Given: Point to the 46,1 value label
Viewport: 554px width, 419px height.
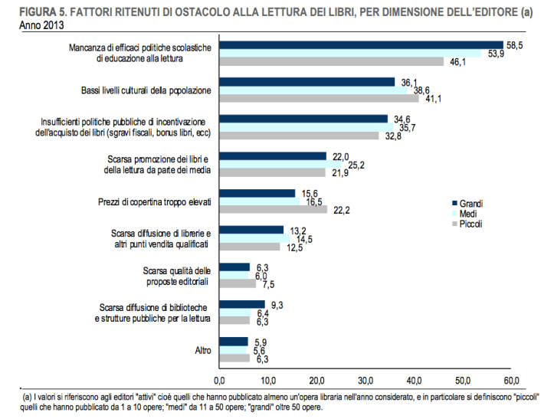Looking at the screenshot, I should pos(457,62).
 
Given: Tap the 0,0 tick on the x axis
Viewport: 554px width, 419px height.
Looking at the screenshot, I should pos(219,380).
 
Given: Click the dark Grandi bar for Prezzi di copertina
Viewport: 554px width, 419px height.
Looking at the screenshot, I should pos(257,193).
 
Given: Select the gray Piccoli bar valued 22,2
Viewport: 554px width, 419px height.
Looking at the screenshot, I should pos(273,210).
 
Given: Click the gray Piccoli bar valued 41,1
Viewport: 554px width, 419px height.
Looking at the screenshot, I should pos(319,98).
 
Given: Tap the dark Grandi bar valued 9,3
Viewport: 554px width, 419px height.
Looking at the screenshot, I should pos(241,304).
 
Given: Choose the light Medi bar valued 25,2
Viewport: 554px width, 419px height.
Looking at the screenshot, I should pos(280,164).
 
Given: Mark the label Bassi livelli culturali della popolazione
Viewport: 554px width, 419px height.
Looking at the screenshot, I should pos(146,90).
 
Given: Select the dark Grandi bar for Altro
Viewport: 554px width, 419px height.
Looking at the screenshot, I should pos(233,341).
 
